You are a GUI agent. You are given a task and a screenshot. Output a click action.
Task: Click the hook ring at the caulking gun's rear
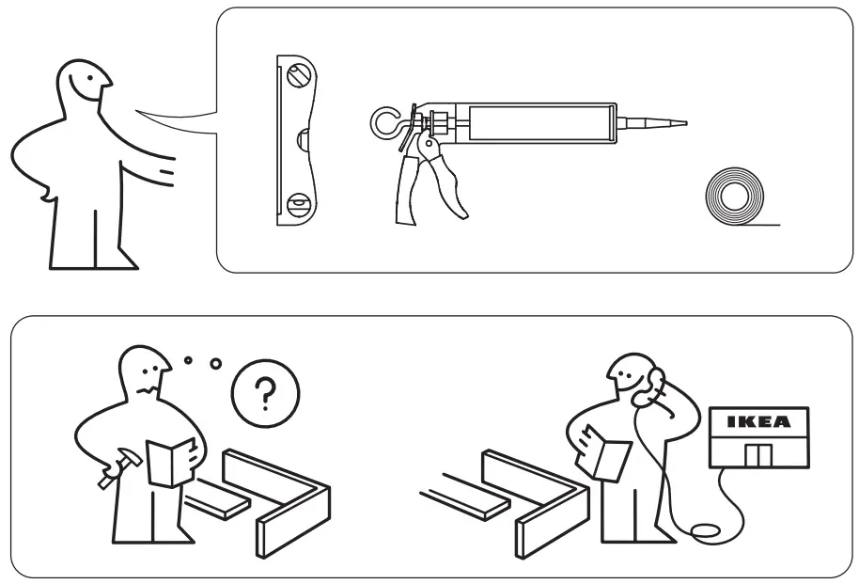[384, 122]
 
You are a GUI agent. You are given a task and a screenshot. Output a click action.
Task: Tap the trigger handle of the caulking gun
[442, 183]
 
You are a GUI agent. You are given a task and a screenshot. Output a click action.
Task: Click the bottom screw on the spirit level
[299, 202]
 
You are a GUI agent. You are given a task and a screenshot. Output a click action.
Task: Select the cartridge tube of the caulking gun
[539, 123]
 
